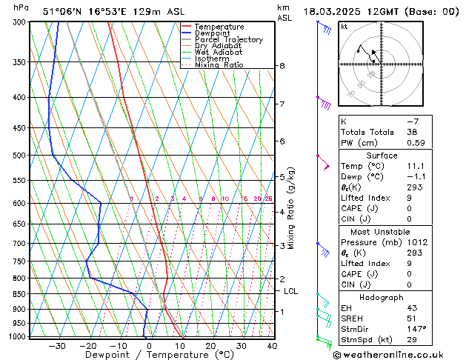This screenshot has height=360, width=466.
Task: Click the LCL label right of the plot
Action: (291, 292)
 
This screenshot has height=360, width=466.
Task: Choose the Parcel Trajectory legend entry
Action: (228, 39)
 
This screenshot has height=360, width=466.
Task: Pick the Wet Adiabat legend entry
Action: (218, 52)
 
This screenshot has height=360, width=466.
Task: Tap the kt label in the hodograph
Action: (344, 27)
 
